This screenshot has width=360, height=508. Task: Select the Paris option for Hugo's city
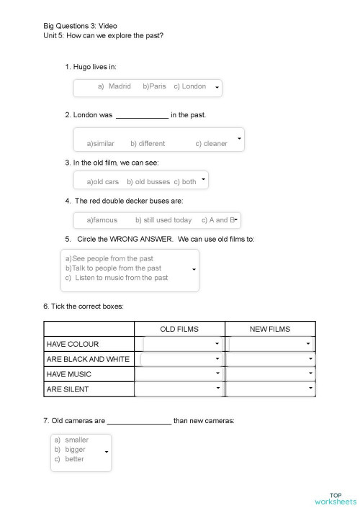pyautogui.click(x=154, y=86)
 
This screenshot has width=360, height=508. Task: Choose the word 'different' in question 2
pyautogui.click(x=148, y=143)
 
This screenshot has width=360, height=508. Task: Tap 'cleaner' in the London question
pyautogui.click(x=211, y=143)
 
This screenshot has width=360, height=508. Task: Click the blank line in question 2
pyautogui.click(x=142, y=115)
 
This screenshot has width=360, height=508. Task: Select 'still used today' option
pyautogui.click(x=163, y=220)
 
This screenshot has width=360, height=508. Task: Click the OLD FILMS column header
pyautogui.click(x=179, y=329)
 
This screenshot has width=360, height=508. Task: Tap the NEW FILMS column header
pyautogui.click(x=270, y=329)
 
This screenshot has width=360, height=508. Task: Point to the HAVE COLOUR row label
pyautogui.click(x=73, y=344)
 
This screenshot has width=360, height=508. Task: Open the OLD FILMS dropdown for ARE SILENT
pyautogui.click(x=217, y=389)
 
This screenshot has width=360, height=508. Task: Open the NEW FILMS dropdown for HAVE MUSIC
pyautogui.click(x=311, y=373)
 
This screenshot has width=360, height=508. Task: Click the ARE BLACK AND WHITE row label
pyautogui.click(x=88, y=359)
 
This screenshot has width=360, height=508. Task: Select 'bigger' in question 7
pyautogui.click(x=75, y=449)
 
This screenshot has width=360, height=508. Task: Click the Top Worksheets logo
pyautogui.click(x=335, y=498)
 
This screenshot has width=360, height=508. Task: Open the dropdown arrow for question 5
pyautogui.click(x=194, y=270)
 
